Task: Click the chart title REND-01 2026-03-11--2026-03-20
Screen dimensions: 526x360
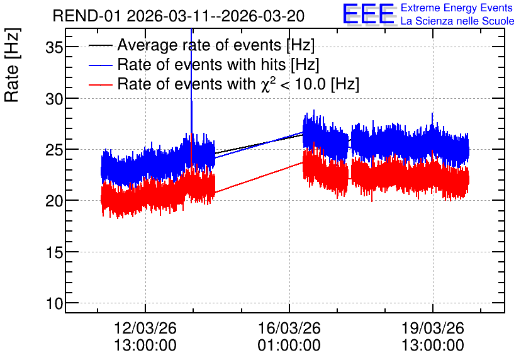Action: pyautogui.click(x=179, y=16)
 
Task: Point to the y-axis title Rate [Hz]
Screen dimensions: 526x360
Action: pyautogui.click(x=12, y=65)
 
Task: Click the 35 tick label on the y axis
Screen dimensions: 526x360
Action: pyautogui.click(x=54, y=47)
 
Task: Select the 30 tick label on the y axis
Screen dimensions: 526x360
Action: pyautogui.click(x=54, y=99)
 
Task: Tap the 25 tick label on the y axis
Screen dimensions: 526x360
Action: pyautogui.click(x=54, y=150)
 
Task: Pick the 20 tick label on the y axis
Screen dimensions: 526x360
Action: pyautogui.click(x=54, y=201)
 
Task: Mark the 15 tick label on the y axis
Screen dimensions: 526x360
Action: pyautogui.click(x=54, y=252)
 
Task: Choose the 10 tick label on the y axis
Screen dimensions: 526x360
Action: pyautogui.click(x=54, y=303)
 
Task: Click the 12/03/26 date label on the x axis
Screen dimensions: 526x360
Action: pyautogui.click(x=145, y=328)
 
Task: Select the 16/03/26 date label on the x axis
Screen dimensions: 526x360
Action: pyautogui.click(x=289, y=328)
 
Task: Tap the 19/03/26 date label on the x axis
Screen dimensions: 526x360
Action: pyautogui.click(x=433, y=328)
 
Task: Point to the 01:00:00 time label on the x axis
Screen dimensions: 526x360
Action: pyautogui.click(x=289, y=346)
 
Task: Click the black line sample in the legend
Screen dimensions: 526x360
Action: pyautogui.click(x=100, y=45)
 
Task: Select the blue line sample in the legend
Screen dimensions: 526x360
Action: pyautogui.click(x=100, y=65)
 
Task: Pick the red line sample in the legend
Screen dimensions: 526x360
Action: pyautogui.click(x=100, y=84)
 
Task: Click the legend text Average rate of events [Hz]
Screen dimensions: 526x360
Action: pyautogui.click(x=216, y=45)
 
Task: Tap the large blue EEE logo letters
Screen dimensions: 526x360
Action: pyautogui.click(x=369, y=14)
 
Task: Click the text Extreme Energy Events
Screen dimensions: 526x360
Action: pyautogui.click(x=457, y=8)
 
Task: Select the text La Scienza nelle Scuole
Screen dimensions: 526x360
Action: pyautogui.click(x=457, y=21)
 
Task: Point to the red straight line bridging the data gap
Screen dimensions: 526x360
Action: pyautogui.click(x=259, y=177)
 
